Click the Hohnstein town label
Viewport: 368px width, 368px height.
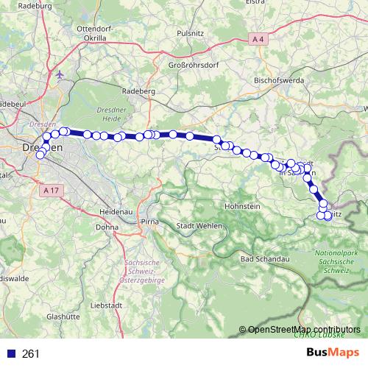[243, 207]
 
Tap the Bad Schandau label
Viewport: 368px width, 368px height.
[263, 259]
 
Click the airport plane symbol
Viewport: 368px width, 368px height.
[60, 74]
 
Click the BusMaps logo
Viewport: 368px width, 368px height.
[333, 353]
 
